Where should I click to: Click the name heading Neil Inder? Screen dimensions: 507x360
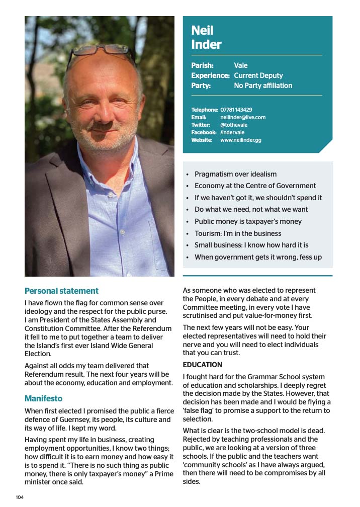206,38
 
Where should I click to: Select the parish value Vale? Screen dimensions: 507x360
241,65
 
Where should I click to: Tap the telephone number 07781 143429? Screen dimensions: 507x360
236,110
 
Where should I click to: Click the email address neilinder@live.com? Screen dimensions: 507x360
243,117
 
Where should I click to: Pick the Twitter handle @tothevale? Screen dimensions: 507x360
234,125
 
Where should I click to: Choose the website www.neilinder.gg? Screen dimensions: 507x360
241,140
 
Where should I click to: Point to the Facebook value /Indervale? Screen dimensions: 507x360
232,132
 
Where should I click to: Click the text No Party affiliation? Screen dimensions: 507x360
263,86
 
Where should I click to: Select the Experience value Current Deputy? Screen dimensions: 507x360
258,75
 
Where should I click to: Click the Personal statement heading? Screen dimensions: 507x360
61,291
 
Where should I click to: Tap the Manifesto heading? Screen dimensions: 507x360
44,398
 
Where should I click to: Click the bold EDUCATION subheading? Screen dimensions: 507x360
202,365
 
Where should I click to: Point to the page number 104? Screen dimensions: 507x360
20,497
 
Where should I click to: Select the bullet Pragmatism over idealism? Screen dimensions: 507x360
235,174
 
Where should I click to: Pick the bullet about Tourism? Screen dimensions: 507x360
238,233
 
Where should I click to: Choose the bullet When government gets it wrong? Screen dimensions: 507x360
258,257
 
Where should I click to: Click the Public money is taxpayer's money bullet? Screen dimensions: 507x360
248,221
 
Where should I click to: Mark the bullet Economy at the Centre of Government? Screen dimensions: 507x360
255,186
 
